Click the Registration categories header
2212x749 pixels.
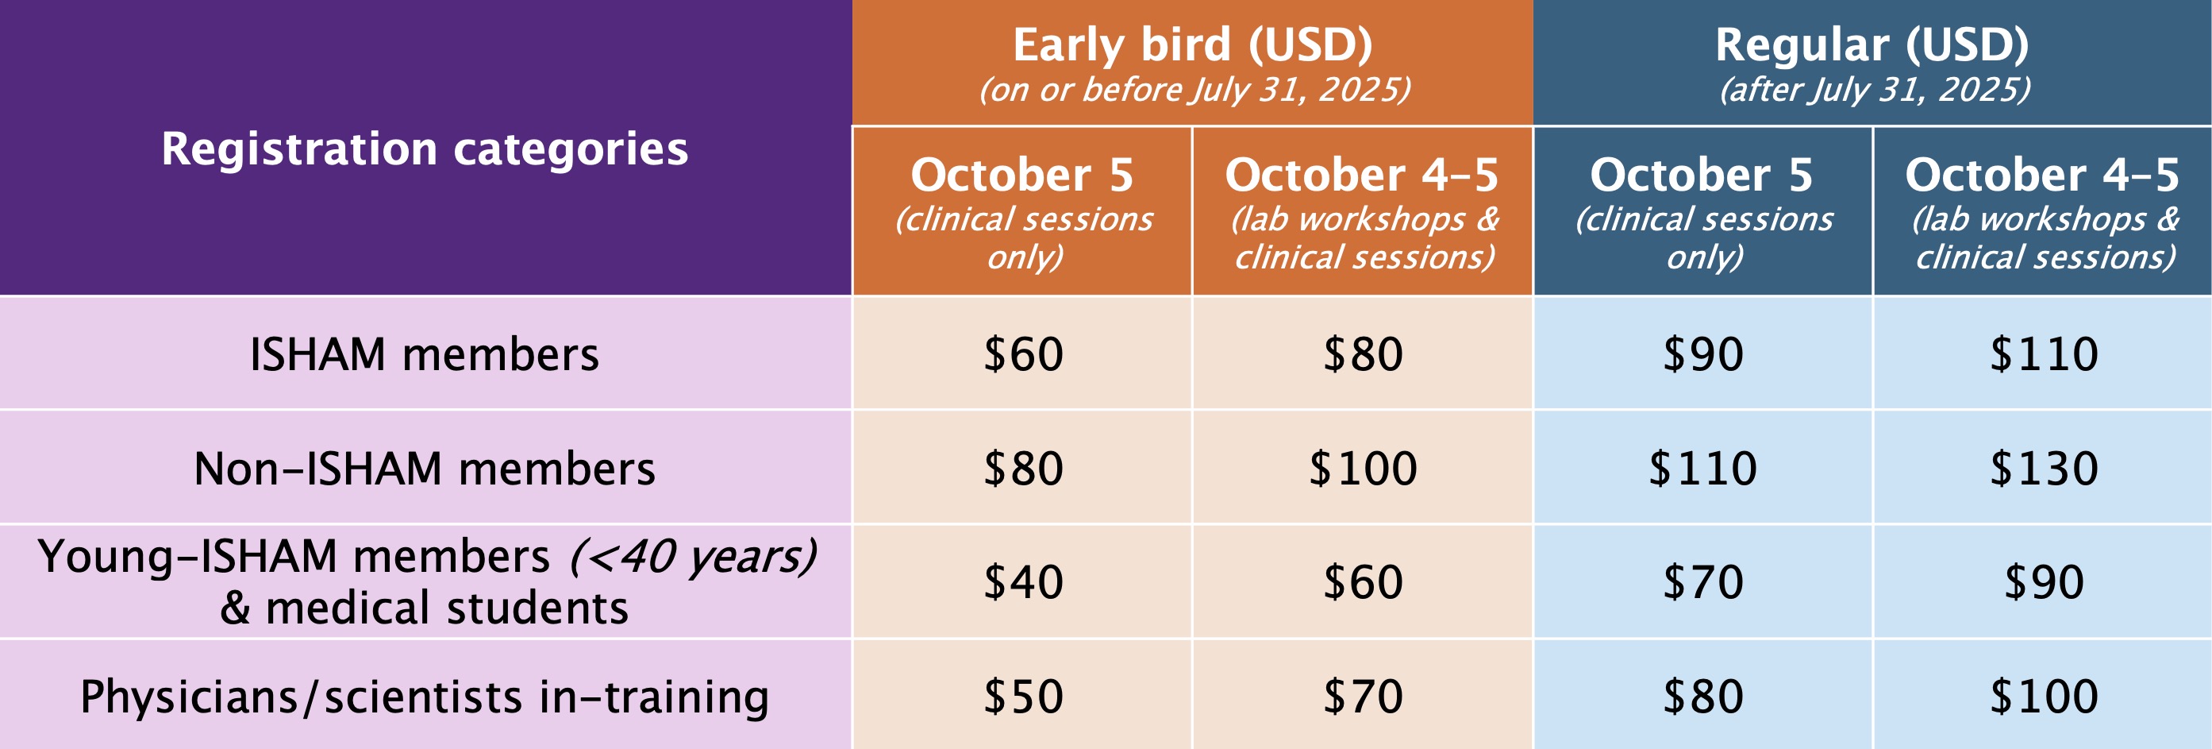(x=425, y=149)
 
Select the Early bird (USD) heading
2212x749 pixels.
(x=1193, y=45)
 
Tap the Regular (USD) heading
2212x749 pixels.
(x=1872, y=45)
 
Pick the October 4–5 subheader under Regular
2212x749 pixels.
(x=2043, y=176)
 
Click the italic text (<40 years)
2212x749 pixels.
(x=693, y=557)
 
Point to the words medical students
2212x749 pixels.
(x=448, y=608)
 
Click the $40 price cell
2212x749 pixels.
(x=1023, y=581)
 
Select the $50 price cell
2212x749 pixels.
(x=1023, y=696)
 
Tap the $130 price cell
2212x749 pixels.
(x=2045, y=468)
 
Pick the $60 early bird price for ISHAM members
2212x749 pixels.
(x=1023, y=354)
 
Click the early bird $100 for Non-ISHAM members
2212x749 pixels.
(x=1363, y=468)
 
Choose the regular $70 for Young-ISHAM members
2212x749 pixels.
(x=1702, y=581)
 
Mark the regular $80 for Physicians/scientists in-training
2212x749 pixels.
(x=1702, y=696)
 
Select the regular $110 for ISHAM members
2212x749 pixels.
(x=2045, y=354)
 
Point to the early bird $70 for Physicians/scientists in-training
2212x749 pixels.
(x=1363, y=696)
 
